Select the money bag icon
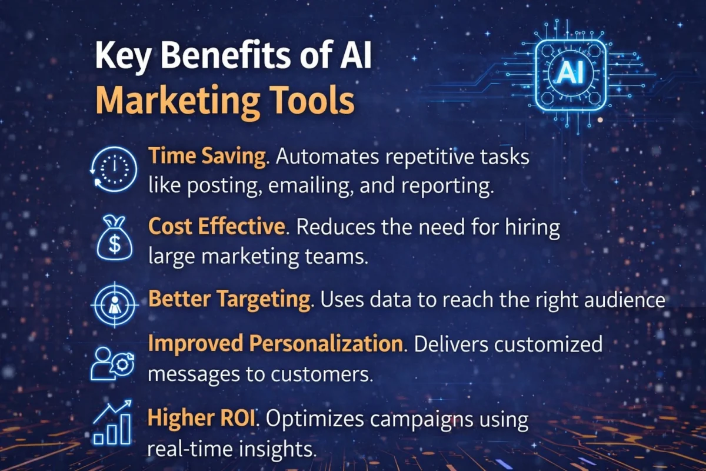(114, 238)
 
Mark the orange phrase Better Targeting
(229, 300)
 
